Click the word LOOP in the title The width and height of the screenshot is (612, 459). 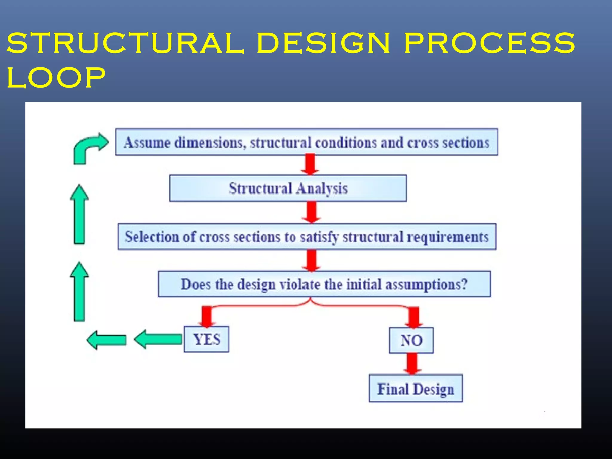click(x=56, y=78)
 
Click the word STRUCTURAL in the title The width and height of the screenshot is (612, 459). click(x=126, y=43)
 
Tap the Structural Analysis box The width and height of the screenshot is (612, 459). click(x=288, y=188)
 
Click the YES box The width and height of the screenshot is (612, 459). click(x=206, y=339)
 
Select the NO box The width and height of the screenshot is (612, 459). click(x=411, y=340)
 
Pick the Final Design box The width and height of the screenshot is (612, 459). click(x=416, y=388)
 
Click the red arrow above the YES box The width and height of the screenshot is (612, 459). click(x=207, y=316)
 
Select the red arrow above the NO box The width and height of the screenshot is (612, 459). click(x=414, y=317)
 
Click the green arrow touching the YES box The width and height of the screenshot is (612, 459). click(x=158, y=339)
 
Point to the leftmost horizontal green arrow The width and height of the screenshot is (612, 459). click(x=107, y=340)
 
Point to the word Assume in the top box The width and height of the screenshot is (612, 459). click(x=147, y=142)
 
